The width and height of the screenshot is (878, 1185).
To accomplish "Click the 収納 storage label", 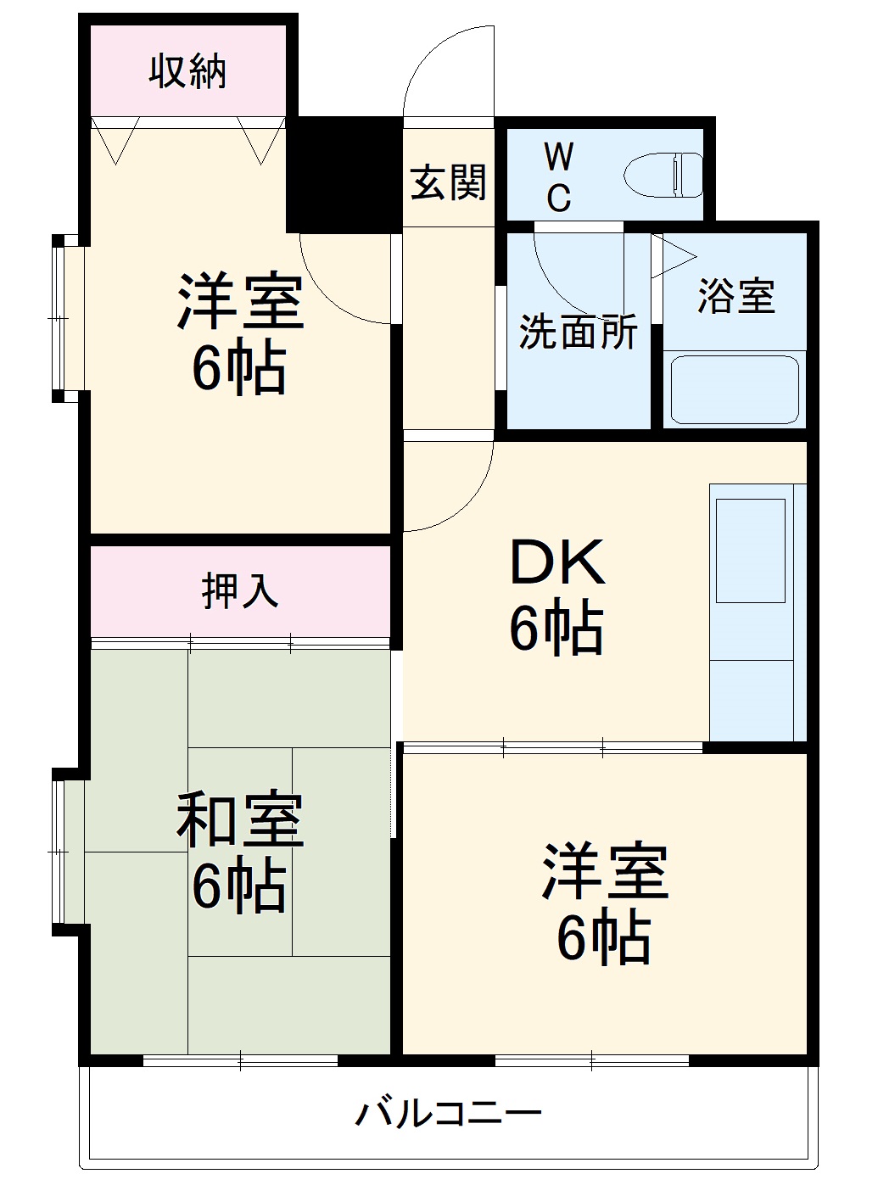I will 188,71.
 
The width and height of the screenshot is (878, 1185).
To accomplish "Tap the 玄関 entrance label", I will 448,182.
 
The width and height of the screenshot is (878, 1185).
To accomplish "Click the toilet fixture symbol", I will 663,175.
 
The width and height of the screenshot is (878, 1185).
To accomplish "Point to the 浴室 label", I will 735,296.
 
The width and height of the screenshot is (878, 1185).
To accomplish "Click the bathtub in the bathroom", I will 735,389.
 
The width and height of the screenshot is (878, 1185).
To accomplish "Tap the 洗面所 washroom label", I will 578,332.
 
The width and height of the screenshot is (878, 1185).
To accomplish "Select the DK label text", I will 556,562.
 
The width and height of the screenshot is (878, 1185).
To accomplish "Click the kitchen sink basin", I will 750,550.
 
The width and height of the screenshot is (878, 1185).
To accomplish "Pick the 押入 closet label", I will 240,590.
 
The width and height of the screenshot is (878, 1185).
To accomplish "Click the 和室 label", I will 239,820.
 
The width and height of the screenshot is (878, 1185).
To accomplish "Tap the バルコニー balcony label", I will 448,1112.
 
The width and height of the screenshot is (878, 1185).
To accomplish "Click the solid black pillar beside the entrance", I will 344,175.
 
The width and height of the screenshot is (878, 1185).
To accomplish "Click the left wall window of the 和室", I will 59,852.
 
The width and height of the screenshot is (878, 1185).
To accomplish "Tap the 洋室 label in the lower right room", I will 604,872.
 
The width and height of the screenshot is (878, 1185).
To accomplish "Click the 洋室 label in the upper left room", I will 239,302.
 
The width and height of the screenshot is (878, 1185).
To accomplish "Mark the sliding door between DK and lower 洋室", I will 553,748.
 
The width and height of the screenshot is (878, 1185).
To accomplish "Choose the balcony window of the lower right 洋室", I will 591,1059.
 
